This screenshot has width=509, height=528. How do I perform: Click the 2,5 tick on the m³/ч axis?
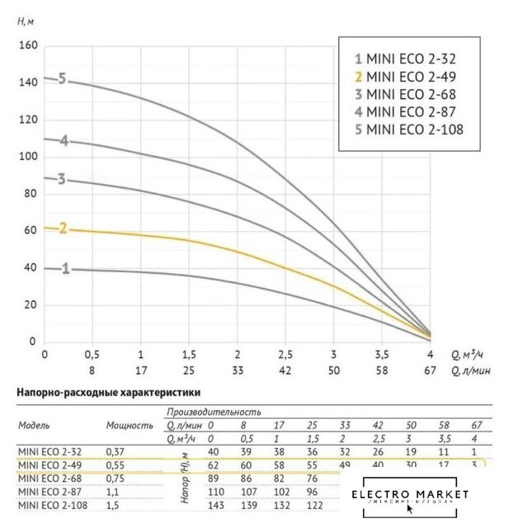point(285,354)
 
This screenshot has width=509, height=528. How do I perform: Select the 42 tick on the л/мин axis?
point(285,371)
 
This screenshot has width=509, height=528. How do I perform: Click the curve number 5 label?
point(61,80)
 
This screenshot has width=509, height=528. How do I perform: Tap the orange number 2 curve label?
point(61,229)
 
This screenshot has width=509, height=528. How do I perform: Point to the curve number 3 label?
point(61,179)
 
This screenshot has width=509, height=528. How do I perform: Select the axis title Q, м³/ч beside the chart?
point(469,355)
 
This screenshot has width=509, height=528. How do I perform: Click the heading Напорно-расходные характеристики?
point(107,394)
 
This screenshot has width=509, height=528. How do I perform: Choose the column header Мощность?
point(130,426)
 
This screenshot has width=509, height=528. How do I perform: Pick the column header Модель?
point(34,426)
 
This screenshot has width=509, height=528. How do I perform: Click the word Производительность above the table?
point(214,410)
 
